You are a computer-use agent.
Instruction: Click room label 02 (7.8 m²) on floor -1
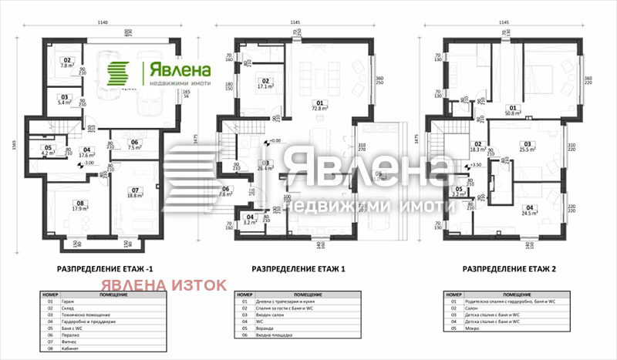(66, 62)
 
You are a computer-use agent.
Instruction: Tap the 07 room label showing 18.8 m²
(134, 193)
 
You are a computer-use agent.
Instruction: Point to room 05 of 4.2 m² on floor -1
(47, 150)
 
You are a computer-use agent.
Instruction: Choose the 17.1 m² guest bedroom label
(265, 84)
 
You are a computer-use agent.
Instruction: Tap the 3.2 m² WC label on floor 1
(250, 220)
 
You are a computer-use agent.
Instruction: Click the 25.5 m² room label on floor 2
(528, 146)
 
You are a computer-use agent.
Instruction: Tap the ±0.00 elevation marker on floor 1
(272, 142)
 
